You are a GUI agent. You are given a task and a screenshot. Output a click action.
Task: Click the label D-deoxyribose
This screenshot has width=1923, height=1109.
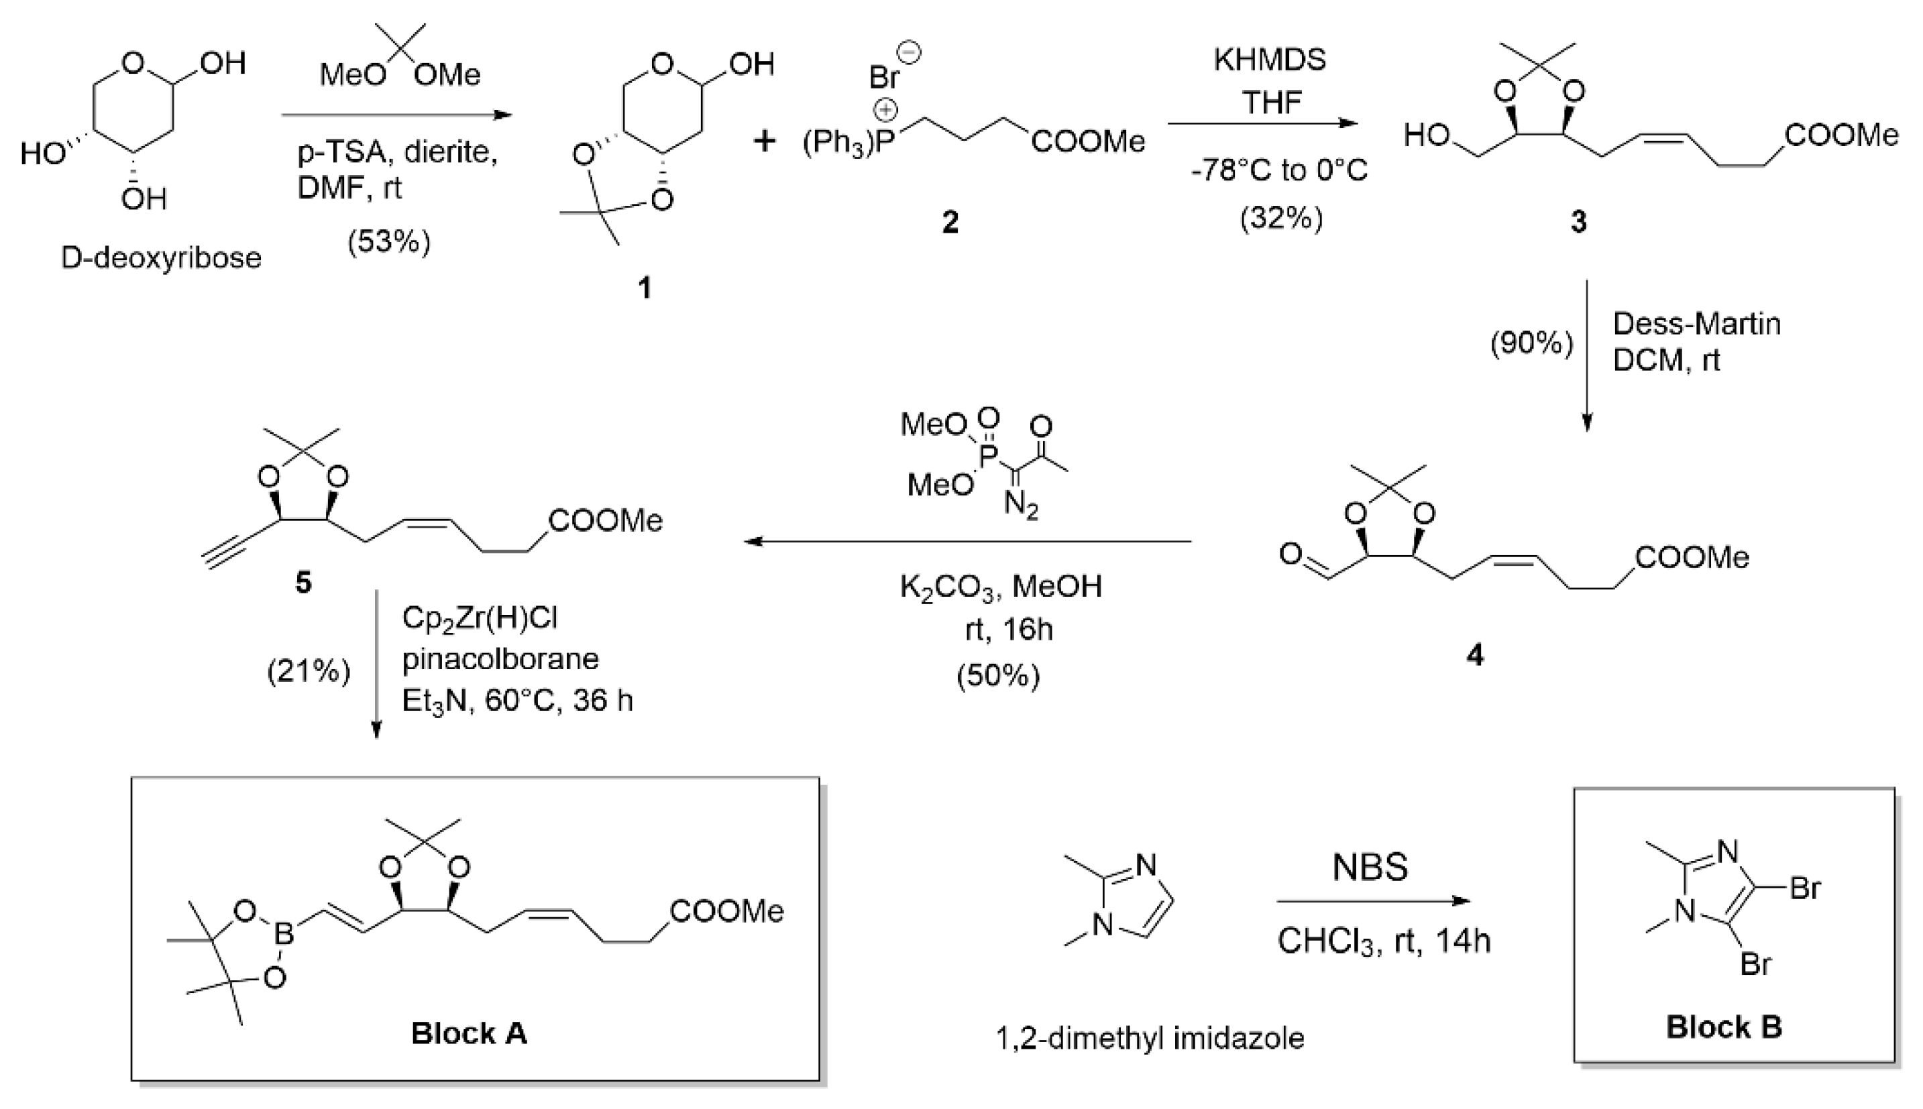pos(161,258)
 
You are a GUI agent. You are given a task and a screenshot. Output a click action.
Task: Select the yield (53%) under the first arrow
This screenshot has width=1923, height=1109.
pos(389,242)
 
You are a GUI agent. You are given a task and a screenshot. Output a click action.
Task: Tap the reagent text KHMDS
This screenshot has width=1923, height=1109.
pos(1269,60)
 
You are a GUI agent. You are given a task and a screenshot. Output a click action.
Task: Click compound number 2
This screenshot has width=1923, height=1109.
pos(950,223)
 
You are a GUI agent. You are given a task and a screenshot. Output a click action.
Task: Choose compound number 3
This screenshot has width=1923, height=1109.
pos(1579,222)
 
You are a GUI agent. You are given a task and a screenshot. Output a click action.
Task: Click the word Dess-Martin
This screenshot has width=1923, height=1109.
pos(1697,325)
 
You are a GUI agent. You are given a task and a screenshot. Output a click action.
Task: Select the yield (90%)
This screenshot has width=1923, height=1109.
pos(1531,343)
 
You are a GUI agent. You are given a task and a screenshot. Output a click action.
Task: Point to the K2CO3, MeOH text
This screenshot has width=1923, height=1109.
pos(1000,587)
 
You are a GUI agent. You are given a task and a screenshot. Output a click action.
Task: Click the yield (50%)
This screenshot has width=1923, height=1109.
pos(998,676)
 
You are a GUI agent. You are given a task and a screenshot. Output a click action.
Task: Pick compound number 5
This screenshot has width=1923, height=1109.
pos(303,583)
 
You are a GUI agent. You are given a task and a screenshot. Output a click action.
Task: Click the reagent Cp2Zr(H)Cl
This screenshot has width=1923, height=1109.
pos(480,618)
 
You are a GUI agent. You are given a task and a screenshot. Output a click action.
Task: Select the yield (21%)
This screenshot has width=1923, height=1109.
pos(309,672)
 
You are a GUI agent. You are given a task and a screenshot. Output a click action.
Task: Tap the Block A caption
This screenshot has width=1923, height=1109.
pos(469,1034)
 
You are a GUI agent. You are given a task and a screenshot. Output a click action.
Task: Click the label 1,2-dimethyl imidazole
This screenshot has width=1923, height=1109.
pos(1150,1038)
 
